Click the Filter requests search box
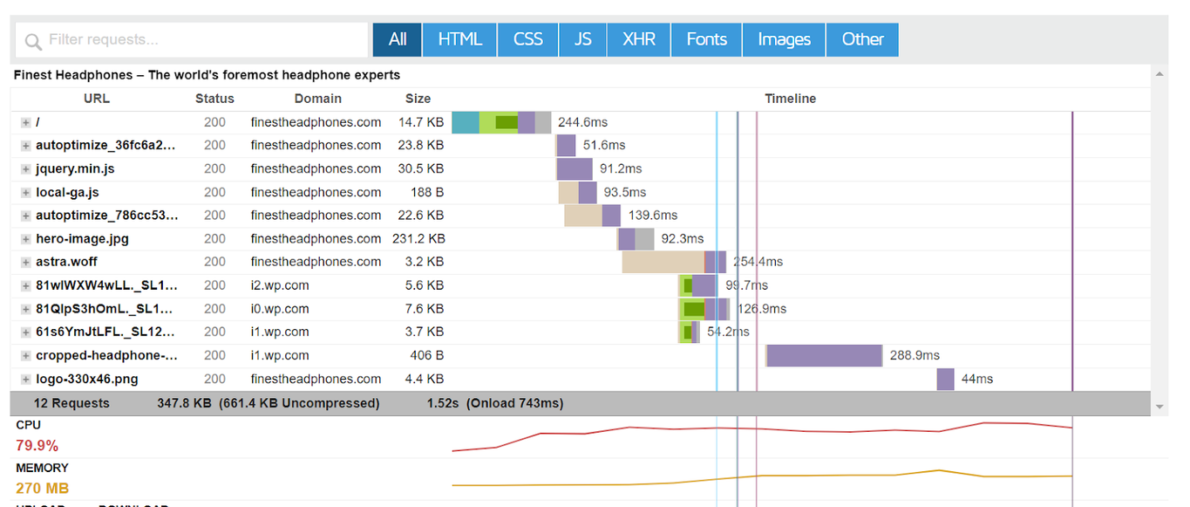pos(192,40)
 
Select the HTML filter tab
pos(459,40)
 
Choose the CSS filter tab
pos(528,40)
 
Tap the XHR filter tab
pos(639,40)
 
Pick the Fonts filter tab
pos(706,40)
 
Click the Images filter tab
pos(784,40)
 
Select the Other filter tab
pos(862,40)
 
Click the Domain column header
pos(317,99)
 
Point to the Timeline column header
pos(790,99)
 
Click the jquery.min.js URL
pos(75,168)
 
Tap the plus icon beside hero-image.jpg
pos(26,239)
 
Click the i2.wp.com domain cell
pos(280,285)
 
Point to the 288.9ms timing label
pos(914,355)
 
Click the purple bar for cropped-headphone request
pos(824,355)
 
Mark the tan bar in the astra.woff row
pos(663,262)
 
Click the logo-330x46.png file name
pos(86,379)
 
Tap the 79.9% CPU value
pos(37,446)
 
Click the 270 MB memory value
pos(42,488)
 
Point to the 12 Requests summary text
pos(71,403)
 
